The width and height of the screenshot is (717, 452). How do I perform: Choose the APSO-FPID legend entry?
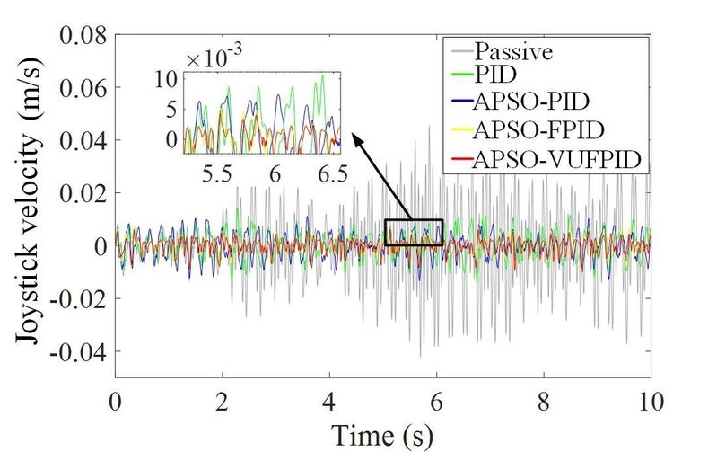click(537, 134)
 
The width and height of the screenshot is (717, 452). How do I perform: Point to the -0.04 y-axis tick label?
click(78, 351)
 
